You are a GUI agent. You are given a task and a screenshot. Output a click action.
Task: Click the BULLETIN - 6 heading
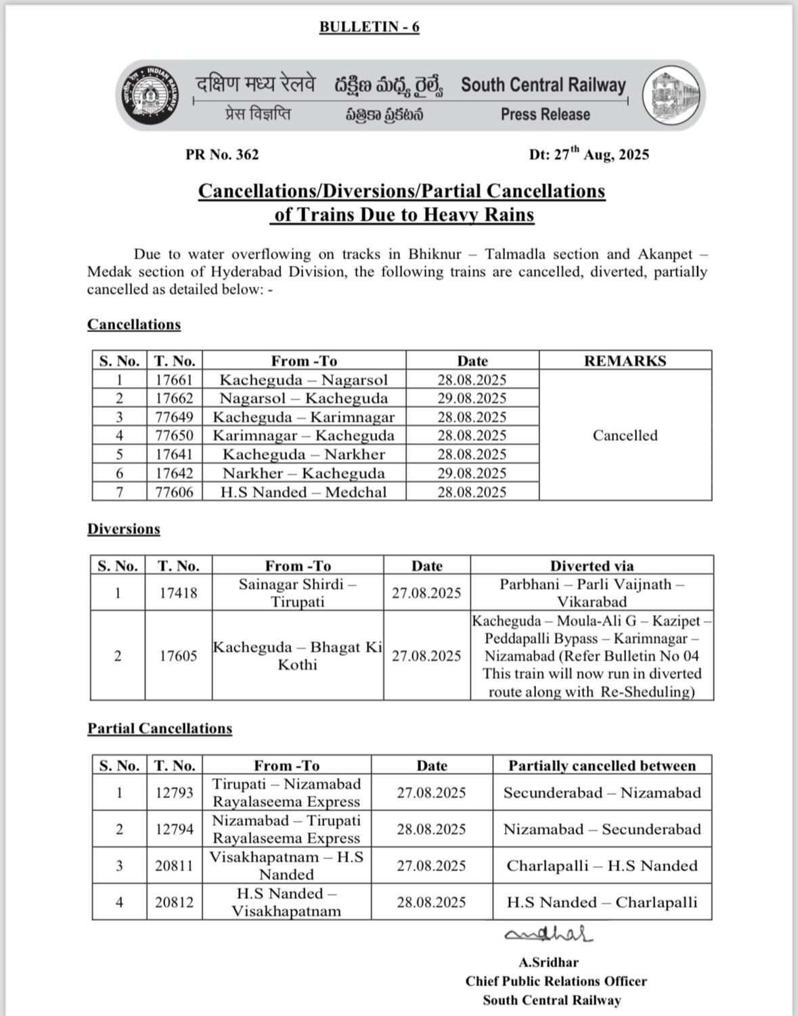coord(369,27)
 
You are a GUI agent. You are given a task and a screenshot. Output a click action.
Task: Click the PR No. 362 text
coord(222,155)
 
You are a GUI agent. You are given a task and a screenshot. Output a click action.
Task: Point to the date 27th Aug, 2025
coord(589,154)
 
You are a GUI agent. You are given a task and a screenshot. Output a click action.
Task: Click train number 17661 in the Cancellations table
coord(175,379)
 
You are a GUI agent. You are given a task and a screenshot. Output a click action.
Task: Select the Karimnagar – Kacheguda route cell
coord(303,436)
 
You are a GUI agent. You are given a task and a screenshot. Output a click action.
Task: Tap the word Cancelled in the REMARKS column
coord(625,436)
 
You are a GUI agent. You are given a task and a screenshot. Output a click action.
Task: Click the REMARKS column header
coord(625,361)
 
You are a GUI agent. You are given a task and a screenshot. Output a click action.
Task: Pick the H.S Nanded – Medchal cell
coord(303,492)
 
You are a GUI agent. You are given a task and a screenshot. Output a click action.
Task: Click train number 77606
coord(175,492)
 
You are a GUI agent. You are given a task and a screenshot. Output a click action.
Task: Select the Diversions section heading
coord(123,529)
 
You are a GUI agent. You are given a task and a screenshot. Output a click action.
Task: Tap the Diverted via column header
coord(592,566)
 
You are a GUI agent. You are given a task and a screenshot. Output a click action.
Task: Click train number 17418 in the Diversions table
coord(178,593)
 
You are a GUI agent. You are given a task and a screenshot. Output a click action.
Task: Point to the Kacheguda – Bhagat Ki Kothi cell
coord(297,655)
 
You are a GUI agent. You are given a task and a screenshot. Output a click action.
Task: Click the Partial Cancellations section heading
coord(159,729)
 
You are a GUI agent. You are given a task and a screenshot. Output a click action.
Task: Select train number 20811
coord(174,866)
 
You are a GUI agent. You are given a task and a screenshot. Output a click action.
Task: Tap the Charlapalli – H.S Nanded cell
coord(602,866)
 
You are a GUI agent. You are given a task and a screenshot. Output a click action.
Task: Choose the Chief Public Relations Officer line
coord(556,981)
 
